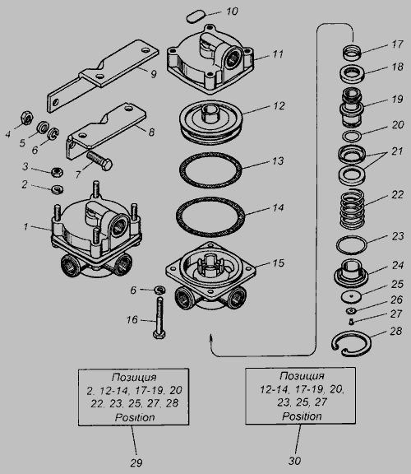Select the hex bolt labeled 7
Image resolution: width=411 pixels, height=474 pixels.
click(x=99, y=161)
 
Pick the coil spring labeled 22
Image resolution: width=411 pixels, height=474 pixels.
click(x=352, y=209)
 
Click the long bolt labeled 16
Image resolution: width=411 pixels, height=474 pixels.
click(x=159, y=318)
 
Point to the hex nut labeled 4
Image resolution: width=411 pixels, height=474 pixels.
click(x=26, y=118)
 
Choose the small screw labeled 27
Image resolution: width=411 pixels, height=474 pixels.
click(x=351, y=322)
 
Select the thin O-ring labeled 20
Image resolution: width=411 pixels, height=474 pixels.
click(x=352, y=137)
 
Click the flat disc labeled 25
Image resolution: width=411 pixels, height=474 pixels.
click(x=352, y=297)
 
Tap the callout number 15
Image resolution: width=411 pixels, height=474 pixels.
click(x=279, y=263)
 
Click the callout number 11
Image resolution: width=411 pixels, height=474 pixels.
click(x=278, y=54)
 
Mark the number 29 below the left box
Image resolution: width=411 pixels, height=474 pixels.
click(x=136, y=462)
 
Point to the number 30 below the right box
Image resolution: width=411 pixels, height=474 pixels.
click(x=295, y=461)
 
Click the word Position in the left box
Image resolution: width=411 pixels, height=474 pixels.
click(x=135, y=417)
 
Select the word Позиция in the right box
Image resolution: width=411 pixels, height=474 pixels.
click(x=302, y=376)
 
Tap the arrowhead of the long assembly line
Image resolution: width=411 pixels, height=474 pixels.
click(x=211, y=337)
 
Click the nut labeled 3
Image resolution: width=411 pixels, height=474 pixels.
click(x=57, y=172)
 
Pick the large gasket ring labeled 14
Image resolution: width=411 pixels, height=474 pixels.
click(x=210, y=216)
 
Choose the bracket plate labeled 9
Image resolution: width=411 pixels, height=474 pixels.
click(x=103, y=76)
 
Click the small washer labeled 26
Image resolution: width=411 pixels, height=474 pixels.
click(x=351, y=310)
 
